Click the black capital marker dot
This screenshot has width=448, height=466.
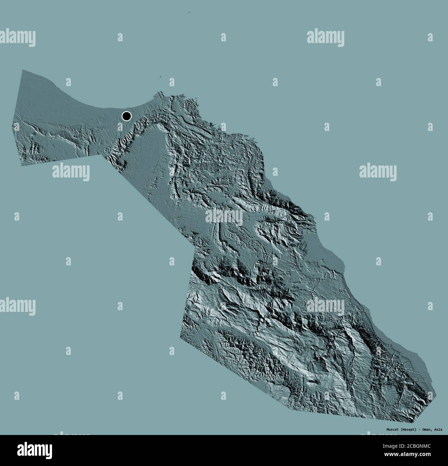pos(126,116)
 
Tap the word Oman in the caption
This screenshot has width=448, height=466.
pos(424,429)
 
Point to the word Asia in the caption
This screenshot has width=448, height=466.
pos(439,429)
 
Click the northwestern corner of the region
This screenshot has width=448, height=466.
pos(22,70)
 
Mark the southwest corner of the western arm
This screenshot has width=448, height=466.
pos(23,165)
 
